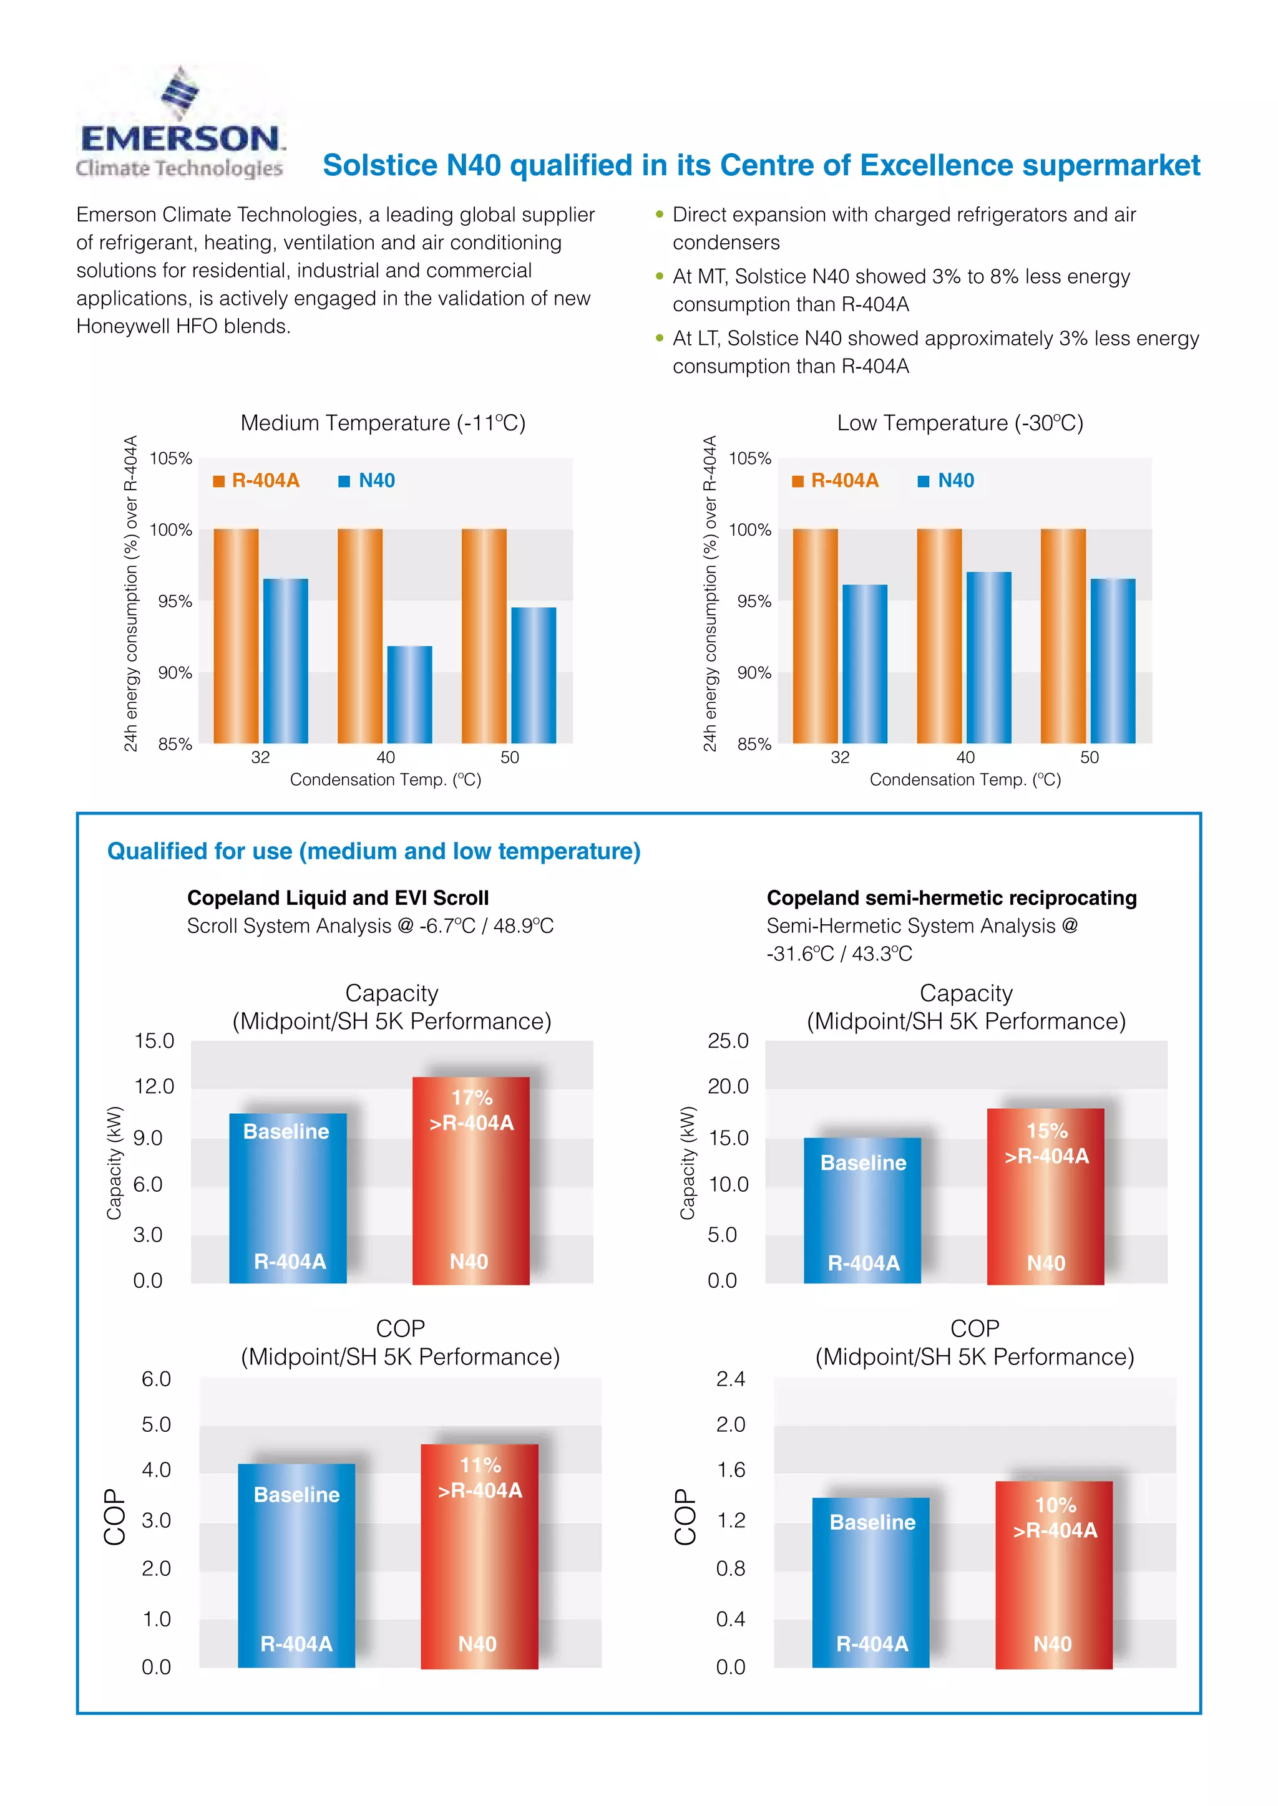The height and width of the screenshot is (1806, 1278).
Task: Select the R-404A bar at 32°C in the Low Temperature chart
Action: click(x=814, y=635)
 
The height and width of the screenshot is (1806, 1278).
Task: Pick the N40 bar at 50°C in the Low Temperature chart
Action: click(x=1113, y=661)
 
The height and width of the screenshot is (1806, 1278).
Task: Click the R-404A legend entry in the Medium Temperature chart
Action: click(x=256, y=481)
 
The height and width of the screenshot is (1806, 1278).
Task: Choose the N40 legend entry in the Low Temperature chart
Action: click(x=946, y=481)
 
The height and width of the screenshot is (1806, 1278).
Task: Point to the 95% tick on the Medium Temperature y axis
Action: click(x=175, y=602)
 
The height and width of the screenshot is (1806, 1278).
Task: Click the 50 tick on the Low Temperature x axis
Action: click(x=1089, y=758)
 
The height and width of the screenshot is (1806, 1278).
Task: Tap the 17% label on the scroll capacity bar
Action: click(x=471, y=1098)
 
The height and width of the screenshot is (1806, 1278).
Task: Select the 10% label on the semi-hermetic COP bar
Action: click(x=1055, y=1505)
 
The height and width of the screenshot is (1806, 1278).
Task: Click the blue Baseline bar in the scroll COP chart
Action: click(x=296, y=1565)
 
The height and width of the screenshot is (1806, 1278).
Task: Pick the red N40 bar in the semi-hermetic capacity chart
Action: click(x=1045, y=1195)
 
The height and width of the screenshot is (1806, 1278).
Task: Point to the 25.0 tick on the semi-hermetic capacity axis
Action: click(x=728, y=1041)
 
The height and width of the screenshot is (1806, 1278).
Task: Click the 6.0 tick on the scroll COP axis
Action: click(x=156, y=1379)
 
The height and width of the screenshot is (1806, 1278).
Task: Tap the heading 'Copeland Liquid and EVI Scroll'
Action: click(x=338, y=898)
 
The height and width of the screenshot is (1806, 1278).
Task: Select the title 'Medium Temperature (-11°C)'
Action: click(x=383, y=423)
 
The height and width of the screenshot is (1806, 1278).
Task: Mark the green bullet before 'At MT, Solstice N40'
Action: click(x=660, y=276)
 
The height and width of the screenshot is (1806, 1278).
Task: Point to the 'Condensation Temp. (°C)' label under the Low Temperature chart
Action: click(x=965, y=780)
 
